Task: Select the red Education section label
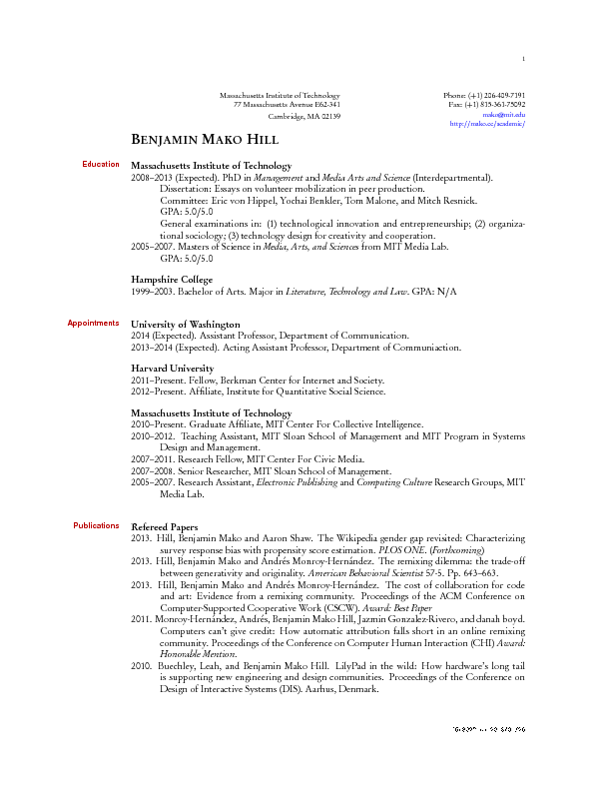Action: pos(101,164)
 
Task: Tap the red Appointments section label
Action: pos(93,323)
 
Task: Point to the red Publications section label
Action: pos(96,525)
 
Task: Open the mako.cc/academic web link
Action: pos(488,124)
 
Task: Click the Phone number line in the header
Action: pos(484,95)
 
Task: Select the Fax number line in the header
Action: pos(487,104)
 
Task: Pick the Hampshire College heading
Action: pos(172,280)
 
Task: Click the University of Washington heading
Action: pos(186,325)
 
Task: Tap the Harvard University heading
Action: pos(172,369)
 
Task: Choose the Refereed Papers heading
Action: pos(165,527)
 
